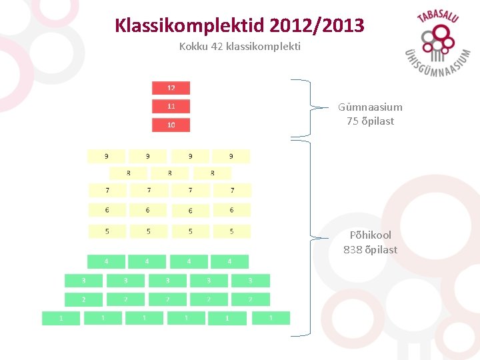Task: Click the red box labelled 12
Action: click(171, 87)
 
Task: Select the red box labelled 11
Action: click(171, 106)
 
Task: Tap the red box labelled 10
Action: click(171, 125)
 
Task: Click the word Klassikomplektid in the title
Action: click(190, 26)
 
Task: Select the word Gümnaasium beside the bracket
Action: click(370, 107)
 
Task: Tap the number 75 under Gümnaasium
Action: click(352, 121)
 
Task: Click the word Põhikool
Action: click(371, 235)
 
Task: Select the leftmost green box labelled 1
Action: click(61, 318)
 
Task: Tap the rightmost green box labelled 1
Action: click(271, 317)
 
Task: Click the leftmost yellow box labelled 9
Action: click(106, 156)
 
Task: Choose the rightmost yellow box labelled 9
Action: click(231, 156)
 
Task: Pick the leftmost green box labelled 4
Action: click(106, 261)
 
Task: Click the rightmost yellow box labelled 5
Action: click(231, 231)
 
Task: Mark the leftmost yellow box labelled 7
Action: click(107, 190)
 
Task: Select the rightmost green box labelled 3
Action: click(251, 281)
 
